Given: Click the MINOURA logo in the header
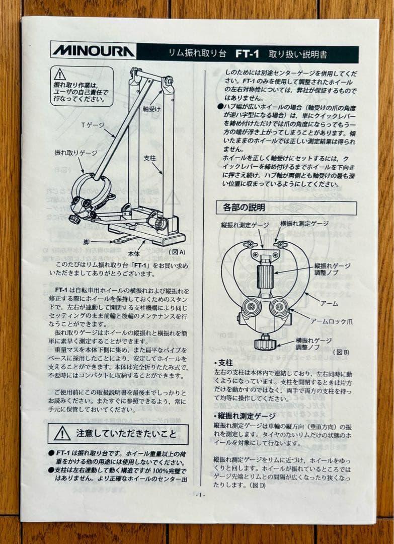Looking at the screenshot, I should tap(93, 51).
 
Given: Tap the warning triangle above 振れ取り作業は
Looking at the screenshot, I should tap(60, 74).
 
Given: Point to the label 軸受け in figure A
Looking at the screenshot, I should tap(152, 108).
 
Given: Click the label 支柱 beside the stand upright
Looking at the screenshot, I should tap(149, 158).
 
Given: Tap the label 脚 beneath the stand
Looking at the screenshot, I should tap(87, 242).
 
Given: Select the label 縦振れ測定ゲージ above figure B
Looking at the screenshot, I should tap(247, 225).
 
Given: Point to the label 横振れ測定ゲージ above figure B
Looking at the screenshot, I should tap(304, 223).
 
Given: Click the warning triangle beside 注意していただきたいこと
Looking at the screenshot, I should tap(62, 433).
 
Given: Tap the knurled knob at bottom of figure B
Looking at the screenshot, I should tap(265, 344).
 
